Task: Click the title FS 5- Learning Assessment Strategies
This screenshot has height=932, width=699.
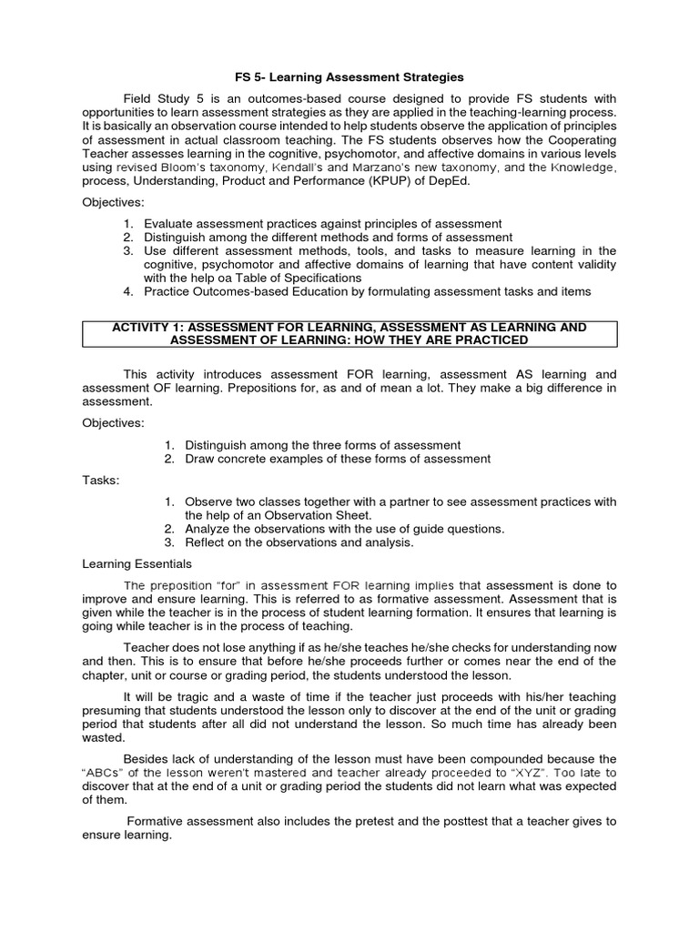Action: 349,77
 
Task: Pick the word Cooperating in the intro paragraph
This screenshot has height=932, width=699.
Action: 579,139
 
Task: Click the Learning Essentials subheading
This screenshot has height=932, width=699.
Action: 137,564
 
